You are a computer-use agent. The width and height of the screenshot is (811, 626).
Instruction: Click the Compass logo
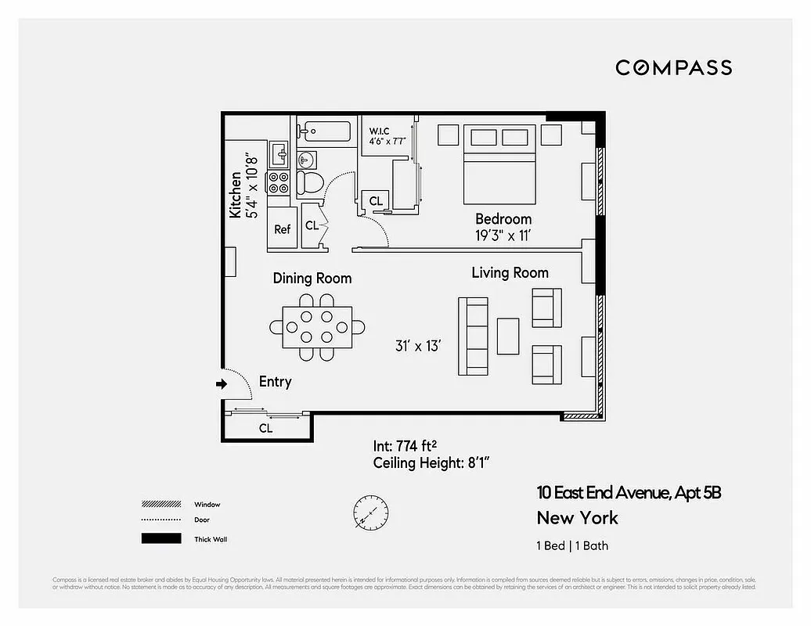point(673,67)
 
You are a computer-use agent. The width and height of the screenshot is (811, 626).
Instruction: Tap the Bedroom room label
point(503,219)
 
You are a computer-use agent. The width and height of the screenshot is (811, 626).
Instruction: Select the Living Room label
point(510,272)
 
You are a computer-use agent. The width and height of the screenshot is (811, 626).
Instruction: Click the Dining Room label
point(312,278)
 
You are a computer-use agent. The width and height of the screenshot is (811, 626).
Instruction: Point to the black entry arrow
point(222,384)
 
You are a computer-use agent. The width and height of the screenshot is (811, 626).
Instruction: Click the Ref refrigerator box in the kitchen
point(282,228)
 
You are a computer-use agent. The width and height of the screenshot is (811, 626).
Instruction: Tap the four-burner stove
point(279,183)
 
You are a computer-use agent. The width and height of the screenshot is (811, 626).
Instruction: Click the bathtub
point(325,131)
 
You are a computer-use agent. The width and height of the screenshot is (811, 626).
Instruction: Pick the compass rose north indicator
point(369,513)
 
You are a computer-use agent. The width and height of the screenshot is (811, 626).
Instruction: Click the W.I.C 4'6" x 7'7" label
point(387,135)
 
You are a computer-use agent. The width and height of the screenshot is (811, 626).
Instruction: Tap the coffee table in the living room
point(508,336)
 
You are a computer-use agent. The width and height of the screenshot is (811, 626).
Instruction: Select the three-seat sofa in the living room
point(473,336)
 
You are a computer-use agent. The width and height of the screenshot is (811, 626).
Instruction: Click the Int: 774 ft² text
point(404,446)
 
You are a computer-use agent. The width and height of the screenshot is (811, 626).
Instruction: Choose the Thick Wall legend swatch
point(160,538)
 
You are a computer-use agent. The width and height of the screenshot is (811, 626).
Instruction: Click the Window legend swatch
point(160,504)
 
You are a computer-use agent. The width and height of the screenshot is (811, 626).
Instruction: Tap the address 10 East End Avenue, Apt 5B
point(628,493)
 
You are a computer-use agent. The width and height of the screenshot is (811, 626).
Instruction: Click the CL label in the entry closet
point(265,428)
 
